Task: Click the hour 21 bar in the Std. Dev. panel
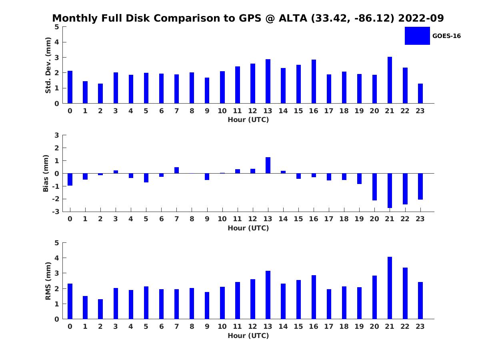[390, 80]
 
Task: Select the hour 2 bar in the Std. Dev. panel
[100, 94]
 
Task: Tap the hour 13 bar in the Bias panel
[268, 165]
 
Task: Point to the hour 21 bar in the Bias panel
[390, 190]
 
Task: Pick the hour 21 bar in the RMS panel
[390, 288]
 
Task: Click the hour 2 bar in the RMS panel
[100, 309]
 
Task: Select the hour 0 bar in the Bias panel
[70, 180]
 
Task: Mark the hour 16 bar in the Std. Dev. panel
[314, 82]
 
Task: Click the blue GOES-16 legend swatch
[417, 36]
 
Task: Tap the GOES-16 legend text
[446, 36]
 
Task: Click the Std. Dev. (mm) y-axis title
[48, 65]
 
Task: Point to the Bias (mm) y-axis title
[46, 173]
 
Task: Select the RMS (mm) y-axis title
[48, 281]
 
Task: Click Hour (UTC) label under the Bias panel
[248, 228]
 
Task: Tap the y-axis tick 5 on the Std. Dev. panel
[57, 27]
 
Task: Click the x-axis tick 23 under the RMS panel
[420, 326]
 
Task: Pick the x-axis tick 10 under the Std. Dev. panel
[222, 111]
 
